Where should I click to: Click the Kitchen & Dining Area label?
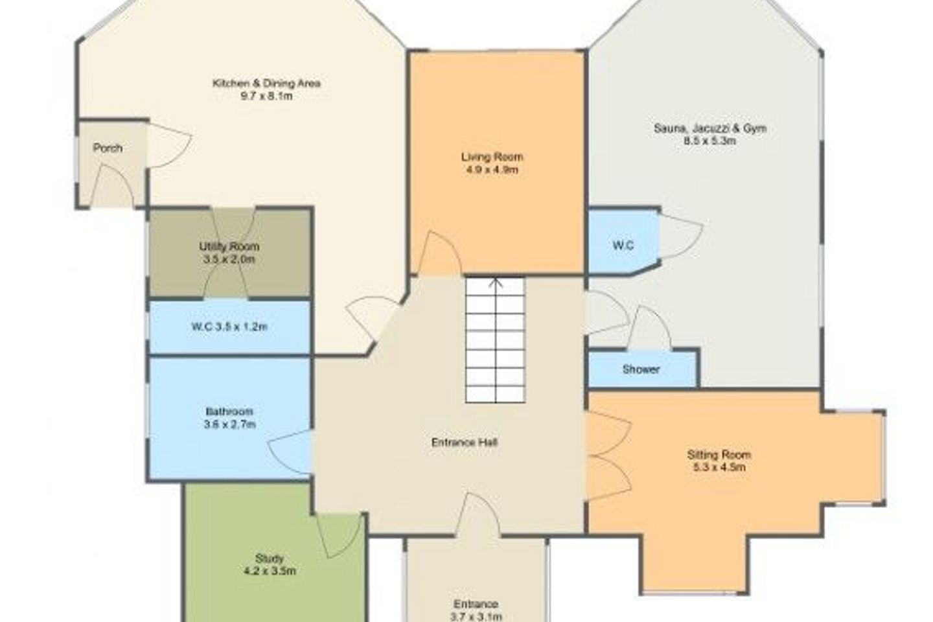(x=266, y=84)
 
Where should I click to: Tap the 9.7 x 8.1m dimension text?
(x=266, y=97)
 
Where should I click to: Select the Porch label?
(x=108, y=148)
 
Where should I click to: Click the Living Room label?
(x=492, y=157)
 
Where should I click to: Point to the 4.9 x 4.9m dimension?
(x=492, y=170)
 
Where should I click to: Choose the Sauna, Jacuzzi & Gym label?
(x=710, y=128)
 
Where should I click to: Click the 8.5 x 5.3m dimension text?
(x=710, y=141)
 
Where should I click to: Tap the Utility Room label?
(x=229, y=246)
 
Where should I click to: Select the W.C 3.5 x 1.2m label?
(x=229, y=327)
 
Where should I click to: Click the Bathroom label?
(x=229, y=411)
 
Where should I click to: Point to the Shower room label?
(x=641, y=369)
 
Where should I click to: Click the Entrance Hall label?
(x=465, y=442)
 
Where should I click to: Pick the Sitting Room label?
(x=719, y=454)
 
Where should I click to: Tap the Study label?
(x=269, y=559)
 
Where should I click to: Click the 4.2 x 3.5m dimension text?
(x=269, y=571)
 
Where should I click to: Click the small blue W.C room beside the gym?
(x=623, y=242)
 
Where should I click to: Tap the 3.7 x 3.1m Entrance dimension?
(x=476, y=616)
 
